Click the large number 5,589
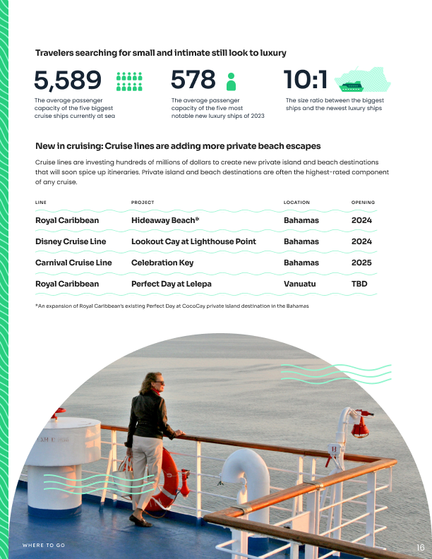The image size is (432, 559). pos(68,80)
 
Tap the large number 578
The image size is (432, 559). pos(193,80)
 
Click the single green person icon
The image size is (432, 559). pos(230,81)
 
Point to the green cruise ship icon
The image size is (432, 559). pos(351,86)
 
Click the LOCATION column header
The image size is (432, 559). pos(296,203)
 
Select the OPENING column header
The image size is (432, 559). pos(363,203)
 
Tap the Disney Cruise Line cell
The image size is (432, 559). pos(71,241)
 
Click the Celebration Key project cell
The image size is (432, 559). pos(162,263)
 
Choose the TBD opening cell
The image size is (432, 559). pos(360,284)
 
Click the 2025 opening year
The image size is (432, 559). pos(361,263)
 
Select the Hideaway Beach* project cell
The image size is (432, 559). pos(165,220)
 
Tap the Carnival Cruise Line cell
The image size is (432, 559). pos(73,263)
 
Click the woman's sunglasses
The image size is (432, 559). pos(159,382)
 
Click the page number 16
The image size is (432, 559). pos(420,547)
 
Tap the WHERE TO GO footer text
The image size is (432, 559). pos(44,546)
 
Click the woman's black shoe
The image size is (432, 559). pos(140,522)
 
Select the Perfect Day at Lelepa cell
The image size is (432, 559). pos(172,284)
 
